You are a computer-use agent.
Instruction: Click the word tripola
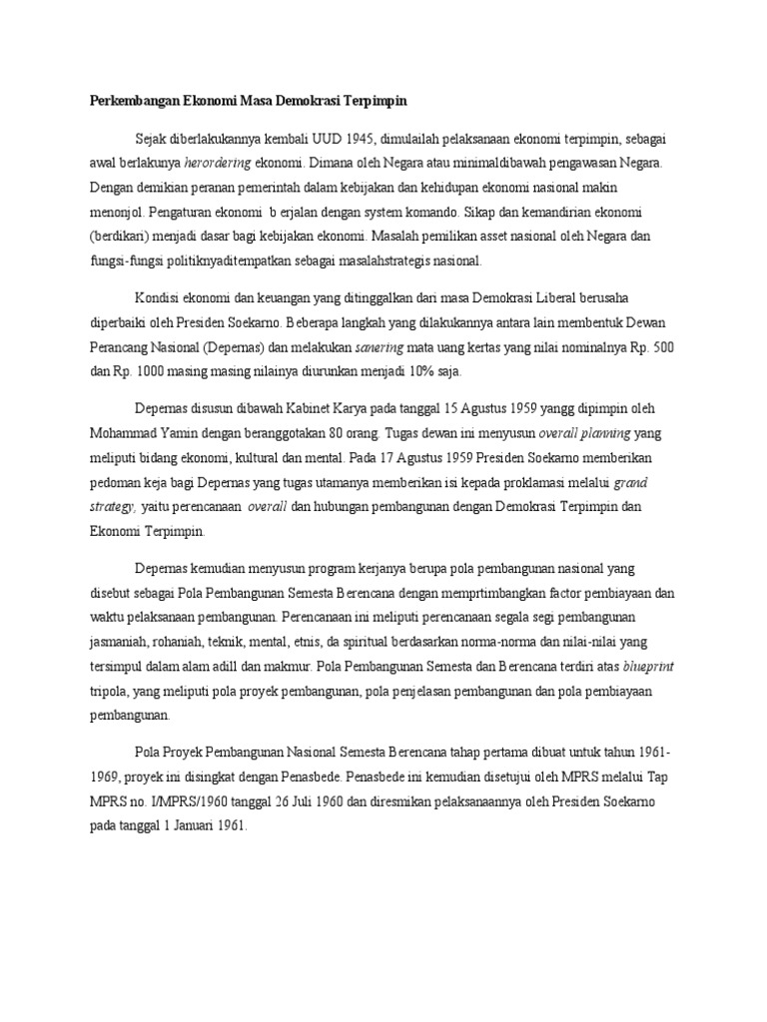[x=111, y=691]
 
